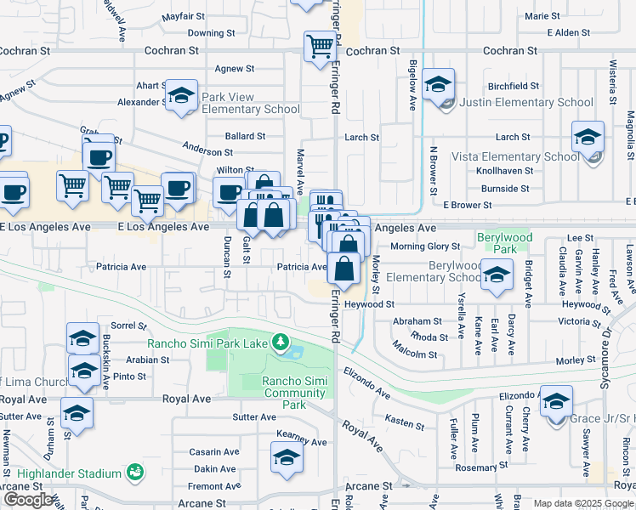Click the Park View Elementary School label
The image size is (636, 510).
(x=250, y=103)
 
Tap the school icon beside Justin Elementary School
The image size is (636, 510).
(x=439, y=86)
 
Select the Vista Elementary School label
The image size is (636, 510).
(x=515, y=156)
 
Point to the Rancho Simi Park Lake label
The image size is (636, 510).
(x=207, y=343)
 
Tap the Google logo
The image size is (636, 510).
(x=27, y=500)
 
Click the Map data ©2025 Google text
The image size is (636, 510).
(x=582, y=503)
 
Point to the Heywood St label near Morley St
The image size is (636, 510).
(x=369, y=304)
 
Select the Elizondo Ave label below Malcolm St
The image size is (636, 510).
(x=366, y=383)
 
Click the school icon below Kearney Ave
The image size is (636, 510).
(x=287, y=460)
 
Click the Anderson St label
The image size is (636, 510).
(x=207, y=151)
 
